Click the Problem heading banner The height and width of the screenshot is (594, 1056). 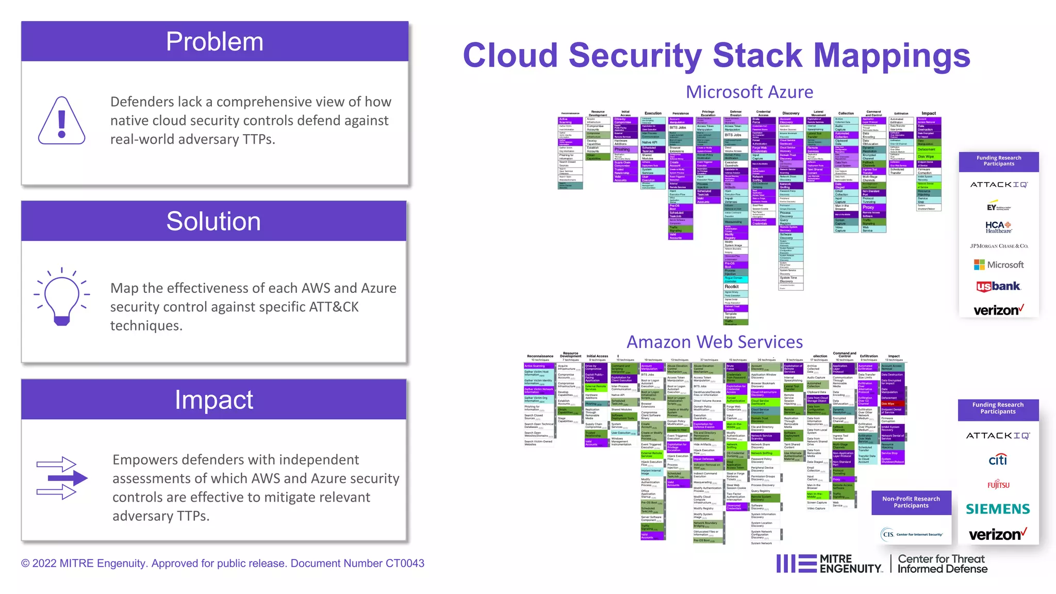coord(214,42)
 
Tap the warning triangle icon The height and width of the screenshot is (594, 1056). coord(62,121)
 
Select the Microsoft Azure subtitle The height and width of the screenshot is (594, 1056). coord(749,92)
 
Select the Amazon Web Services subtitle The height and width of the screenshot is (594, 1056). coord(715,342)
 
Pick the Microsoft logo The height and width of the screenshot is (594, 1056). coord(999,265)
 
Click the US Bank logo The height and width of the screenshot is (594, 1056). coord(998,286)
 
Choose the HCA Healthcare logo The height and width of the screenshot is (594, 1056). coord(998,227)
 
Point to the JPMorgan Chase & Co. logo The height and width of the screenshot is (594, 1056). coord(999,246)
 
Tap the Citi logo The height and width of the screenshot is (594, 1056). coord(998,459)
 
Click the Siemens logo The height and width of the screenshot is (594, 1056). coord(998,509)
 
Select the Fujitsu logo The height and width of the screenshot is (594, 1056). coord(998,485)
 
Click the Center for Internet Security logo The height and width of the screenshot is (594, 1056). coord(912,534)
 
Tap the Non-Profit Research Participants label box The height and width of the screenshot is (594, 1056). coord(911,502)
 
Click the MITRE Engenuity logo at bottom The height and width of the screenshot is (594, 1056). coord(830,564)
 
